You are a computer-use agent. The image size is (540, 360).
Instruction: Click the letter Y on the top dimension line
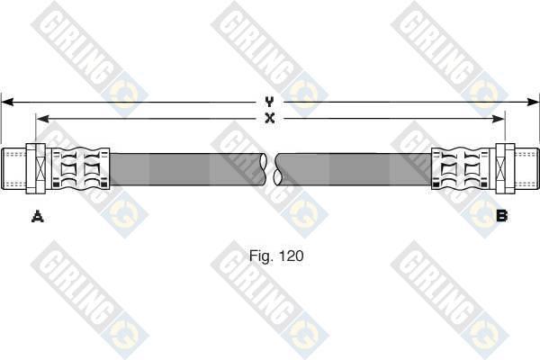coord(270,102)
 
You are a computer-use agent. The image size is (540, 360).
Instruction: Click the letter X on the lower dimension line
coord(270,119)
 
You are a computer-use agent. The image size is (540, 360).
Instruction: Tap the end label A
coord(37,217)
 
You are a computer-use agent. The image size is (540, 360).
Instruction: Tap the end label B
coord(502,216)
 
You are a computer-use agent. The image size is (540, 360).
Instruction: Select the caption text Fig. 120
coord(276,256)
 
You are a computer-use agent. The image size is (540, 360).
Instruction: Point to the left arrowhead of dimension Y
coord(7,102)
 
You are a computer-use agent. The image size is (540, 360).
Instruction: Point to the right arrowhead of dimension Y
coord(533,102)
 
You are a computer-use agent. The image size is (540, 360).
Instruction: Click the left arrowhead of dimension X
coord(42,119)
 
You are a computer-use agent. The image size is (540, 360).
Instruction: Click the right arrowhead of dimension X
coord(499,119)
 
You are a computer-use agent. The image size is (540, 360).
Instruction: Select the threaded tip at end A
coord(13,168)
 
